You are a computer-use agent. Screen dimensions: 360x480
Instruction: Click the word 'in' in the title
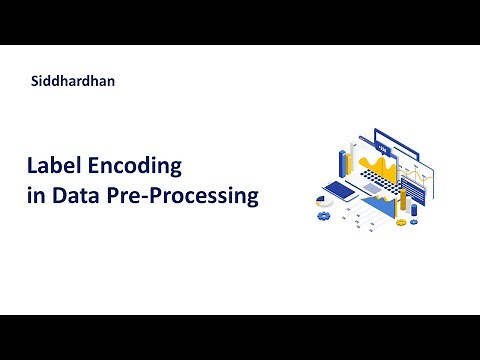[35, 195]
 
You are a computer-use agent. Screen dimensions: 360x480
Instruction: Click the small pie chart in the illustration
[323, 200]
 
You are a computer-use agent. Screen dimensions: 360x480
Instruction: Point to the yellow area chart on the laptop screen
[377, 164]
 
